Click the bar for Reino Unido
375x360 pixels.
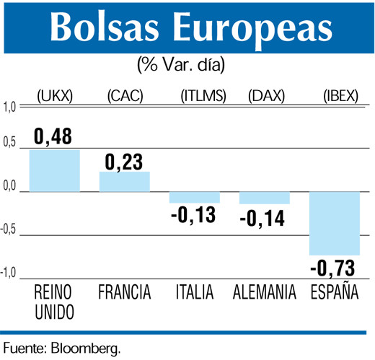(55, 170)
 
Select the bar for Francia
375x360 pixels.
(124, 182)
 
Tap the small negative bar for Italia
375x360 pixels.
(194, 198)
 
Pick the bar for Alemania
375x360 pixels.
(265, 198)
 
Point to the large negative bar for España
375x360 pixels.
(335, 224)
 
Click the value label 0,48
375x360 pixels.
(54, 136)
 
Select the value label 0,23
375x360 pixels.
(125, 160)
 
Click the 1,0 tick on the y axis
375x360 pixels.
(10, 108)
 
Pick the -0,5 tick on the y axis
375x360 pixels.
(9, 231)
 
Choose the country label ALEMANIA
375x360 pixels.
(265, 293)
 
